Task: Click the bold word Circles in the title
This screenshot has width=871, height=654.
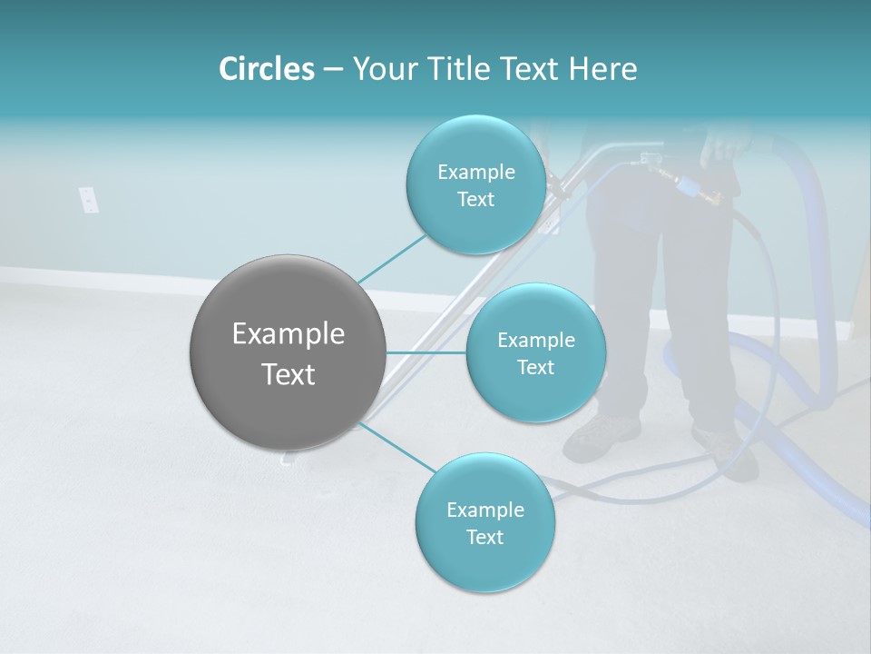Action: pos(266,69)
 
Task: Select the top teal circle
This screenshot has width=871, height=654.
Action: pos(475,185)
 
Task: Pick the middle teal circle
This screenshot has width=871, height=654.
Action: pos(535,353)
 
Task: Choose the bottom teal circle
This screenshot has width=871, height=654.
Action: pos(484,523)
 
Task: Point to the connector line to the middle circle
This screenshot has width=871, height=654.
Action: pos(426,352)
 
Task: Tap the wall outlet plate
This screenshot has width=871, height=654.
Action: pos(88,199)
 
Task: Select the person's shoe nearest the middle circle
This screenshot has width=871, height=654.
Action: pos(599,435)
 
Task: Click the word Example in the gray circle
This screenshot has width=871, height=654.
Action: pos(289,333)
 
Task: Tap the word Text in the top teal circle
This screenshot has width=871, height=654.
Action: pos(475,200)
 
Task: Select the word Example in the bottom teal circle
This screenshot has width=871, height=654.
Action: pos(484,510)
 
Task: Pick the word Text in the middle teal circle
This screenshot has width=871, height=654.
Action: pos(535,368)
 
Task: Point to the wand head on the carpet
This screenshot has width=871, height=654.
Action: pos(289,459)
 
